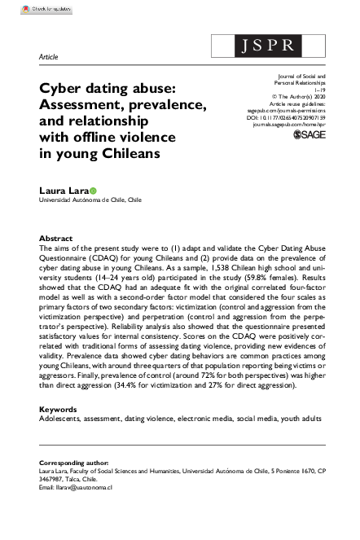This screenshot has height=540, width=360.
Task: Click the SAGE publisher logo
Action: [308, 135]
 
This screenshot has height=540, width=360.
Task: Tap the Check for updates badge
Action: [27, 7]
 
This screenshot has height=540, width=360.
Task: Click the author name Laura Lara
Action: [61, 188]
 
